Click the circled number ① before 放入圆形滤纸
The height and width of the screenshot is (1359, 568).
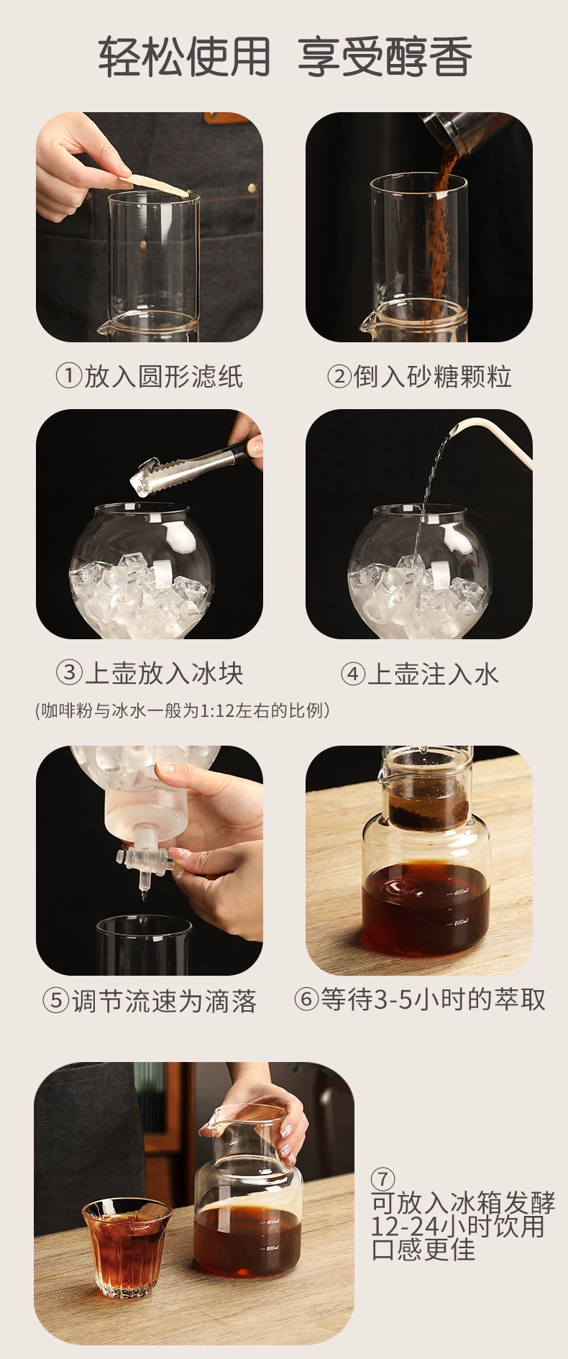click(69, 375)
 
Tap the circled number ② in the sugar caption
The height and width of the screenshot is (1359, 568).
click(339, 375)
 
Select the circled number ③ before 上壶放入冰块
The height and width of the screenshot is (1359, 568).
click(69, 673)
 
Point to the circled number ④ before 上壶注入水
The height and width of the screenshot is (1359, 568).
click(352, 674)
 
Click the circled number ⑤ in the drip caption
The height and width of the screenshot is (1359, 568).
click(55, 1000)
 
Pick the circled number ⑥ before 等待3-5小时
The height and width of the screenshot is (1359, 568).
click(306, 999)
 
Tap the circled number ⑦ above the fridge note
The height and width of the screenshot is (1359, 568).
click(383, 1179)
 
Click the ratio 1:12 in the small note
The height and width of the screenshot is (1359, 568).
click(216, 711)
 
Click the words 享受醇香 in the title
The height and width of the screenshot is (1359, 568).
click(385, 57)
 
